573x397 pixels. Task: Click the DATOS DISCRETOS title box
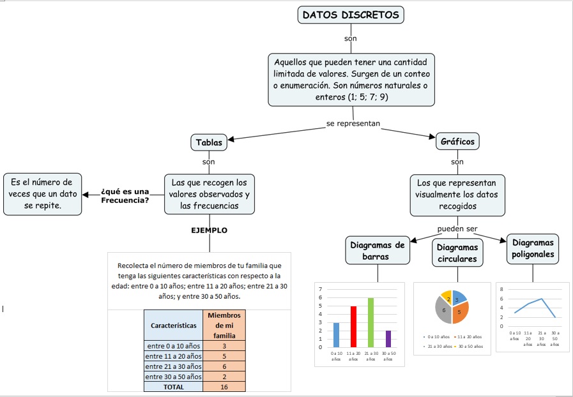351,15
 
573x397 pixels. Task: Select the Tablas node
209,142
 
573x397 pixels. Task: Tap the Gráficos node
457,142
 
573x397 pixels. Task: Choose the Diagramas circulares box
457,253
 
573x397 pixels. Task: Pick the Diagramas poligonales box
533,249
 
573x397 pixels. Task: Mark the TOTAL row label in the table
173,387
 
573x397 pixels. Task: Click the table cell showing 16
224,387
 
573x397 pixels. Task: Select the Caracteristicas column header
173,325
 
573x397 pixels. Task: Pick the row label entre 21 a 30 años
173,366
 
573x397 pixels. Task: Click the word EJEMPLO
209,230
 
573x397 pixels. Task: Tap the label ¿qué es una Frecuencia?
125,195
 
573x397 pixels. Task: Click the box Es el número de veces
42,193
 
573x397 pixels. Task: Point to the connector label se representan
353,123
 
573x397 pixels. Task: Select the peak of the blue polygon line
542,299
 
